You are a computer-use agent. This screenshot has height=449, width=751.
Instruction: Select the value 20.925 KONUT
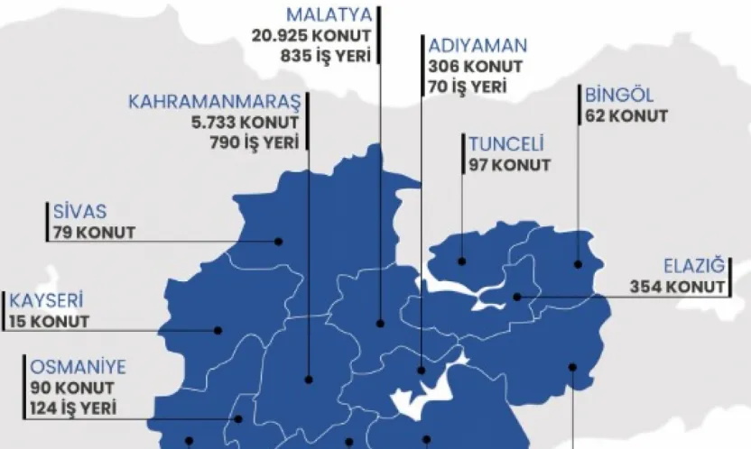(x=312, y=35)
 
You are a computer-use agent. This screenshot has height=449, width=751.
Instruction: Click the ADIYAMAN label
(x=478, y=47)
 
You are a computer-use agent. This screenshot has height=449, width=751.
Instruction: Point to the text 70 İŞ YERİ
(x=468, y=87)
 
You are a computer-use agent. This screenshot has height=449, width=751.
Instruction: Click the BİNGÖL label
(x=621, y=96)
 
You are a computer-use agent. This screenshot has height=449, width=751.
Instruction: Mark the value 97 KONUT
(x=509, y=166)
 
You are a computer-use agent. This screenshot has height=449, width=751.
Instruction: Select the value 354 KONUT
(x=677, y=288)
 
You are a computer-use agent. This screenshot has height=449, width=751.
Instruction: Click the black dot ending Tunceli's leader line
(x=462, y=261)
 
